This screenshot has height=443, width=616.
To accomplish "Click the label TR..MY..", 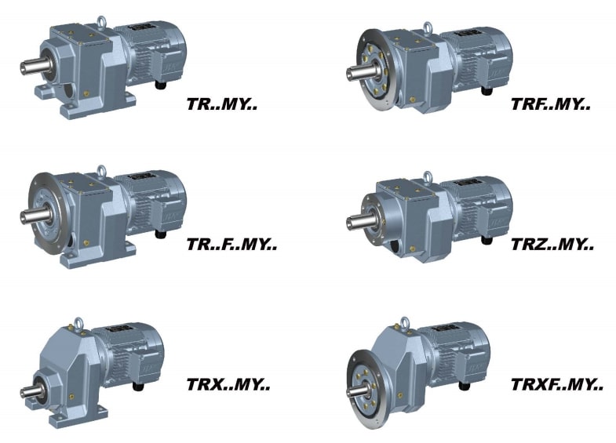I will (x=222, y=103).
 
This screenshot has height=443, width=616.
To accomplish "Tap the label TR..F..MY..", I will (x=232, y=245).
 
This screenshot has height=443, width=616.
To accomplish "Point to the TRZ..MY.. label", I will (x=552, y=245).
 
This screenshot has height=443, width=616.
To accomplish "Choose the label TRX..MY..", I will (x=228, y=385).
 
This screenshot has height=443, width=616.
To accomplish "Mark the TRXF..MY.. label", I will (x=557, y=385).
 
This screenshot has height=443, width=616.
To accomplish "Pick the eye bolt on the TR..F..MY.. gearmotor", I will (x=101, y=169).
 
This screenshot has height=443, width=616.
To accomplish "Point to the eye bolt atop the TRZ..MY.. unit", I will (x=428, y=176).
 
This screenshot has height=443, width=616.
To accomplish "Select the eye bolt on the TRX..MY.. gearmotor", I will (x=79, y=321).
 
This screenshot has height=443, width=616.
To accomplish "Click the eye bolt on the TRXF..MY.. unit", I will (x=405, y=321).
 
